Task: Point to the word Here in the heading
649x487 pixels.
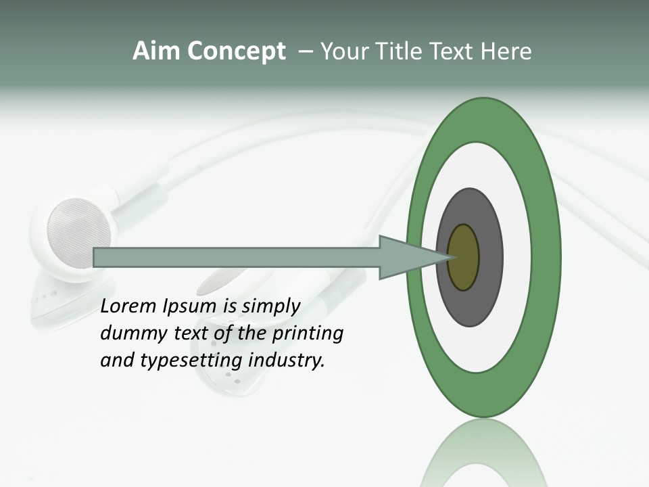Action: (x=506, y=51)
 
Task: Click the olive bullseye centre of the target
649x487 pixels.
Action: (x=464, y=257)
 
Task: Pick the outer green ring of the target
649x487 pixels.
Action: (x=546, y=257)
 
